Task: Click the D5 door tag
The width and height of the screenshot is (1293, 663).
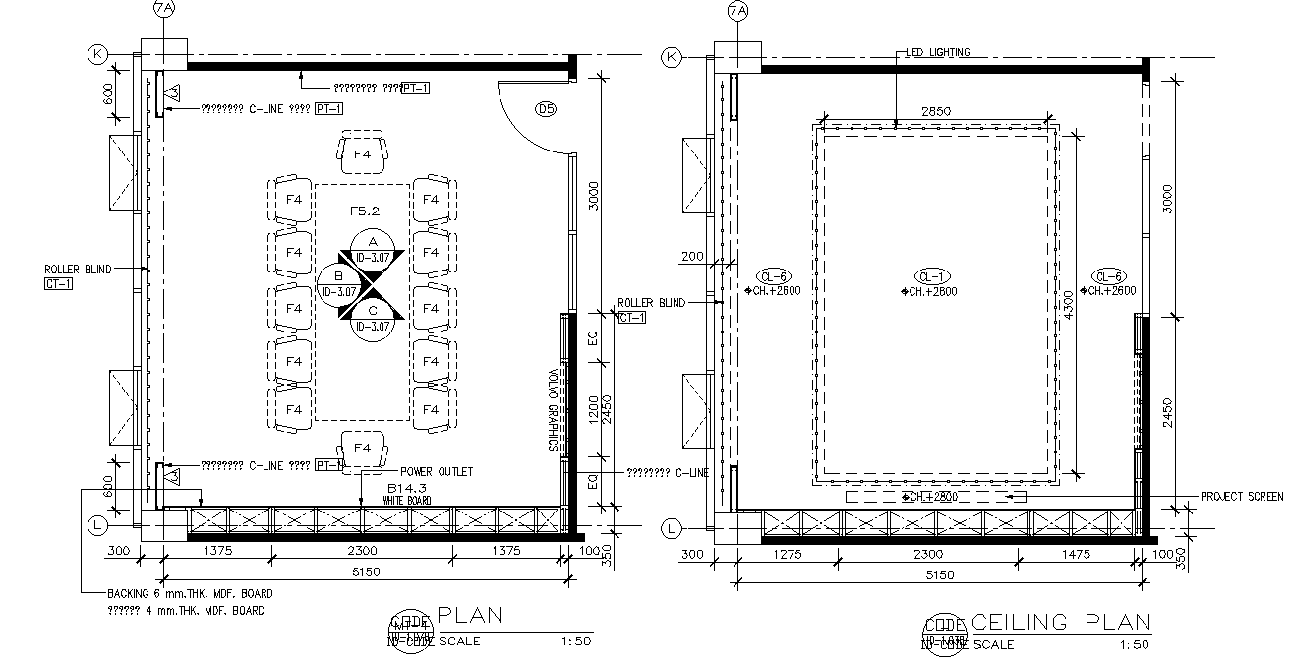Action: (x=545, y=109)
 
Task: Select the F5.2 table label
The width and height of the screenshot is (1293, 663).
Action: (x=365, y=211)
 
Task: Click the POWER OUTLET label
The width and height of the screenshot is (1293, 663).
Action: (x=437, y=472)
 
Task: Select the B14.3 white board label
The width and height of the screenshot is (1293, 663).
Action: (x=406, y=488)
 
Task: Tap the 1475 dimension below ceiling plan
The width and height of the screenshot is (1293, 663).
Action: (x=1076, y=555)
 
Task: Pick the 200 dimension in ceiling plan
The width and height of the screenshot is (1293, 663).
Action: (x=692, y=256)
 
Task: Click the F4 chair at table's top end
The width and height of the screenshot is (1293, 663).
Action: (x=362, y=153)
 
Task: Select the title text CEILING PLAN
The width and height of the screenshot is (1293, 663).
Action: (x=1060, y=622)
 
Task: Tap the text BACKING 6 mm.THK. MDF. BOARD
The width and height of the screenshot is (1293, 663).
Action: (x=189, y=594)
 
